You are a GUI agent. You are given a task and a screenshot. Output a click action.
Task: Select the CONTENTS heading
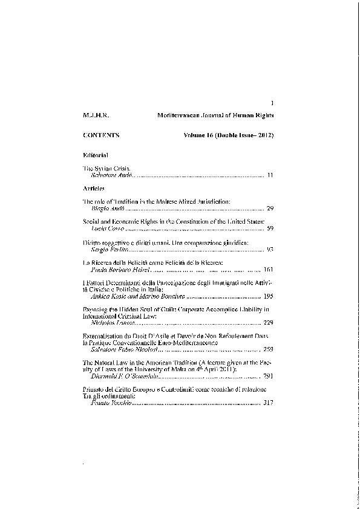(x=100, y=135)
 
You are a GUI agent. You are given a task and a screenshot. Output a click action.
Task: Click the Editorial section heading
(x=95, y=155)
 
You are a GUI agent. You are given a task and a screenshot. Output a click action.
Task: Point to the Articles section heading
(x=94, y=189)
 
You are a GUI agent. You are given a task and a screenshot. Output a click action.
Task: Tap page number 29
(x=270, y=207)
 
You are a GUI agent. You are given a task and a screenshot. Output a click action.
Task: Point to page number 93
(x=270, y=250)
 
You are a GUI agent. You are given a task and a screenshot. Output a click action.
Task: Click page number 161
(x=269, y=270)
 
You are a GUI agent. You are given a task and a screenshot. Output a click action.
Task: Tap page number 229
(x=269, y=323)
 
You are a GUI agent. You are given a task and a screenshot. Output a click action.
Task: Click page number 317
(x=269, y=402)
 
